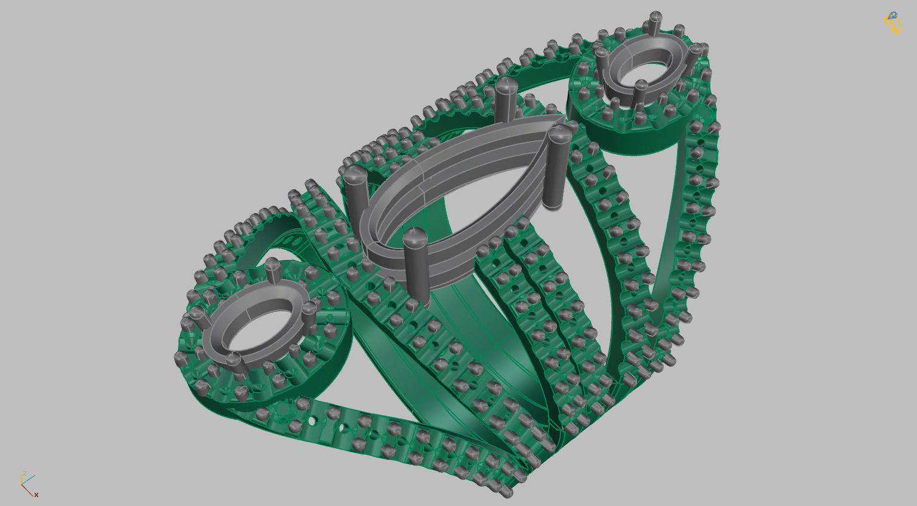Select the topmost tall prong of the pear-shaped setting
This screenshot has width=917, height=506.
coord(505,99)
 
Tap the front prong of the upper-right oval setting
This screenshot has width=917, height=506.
coord(640,93)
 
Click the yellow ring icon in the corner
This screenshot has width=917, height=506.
coord(893,23)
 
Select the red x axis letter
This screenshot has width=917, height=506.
coord(36,495)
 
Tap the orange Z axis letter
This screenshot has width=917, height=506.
coord(24,473)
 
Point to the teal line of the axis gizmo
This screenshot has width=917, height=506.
coord(29,480)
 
